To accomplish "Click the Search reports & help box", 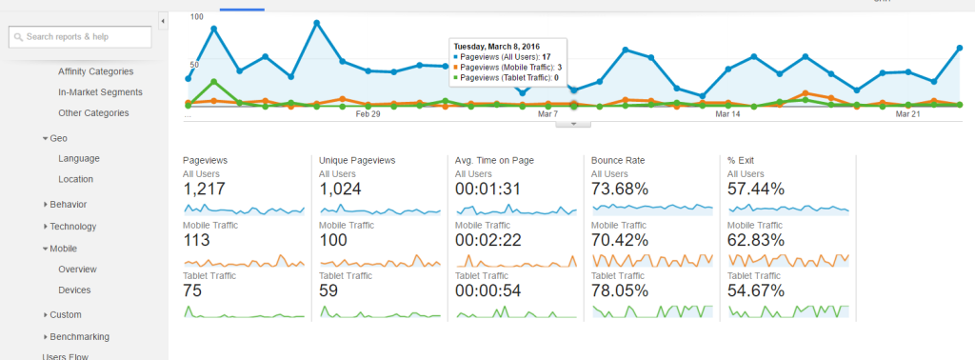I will pyautogui.click(x=80, y=36).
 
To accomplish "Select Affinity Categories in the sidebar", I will pyautogui.click(x=95, y=71).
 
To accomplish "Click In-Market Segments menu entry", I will pyautogui.click(x=100, y=92).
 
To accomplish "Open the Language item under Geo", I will pyautogui.click(x=78, y=158).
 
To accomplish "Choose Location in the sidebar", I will pyautogui.click(x=75, y=179).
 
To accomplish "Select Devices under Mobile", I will pyautogui.click(x=75, y=290).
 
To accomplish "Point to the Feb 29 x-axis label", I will pyautogui.click(x=368, y=114).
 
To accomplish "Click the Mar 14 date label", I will pyautogui.click(x=727, y=114).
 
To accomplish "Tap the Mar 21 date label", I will pyautogui.click(x=907, y=114).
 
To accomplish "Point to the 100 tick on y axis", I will pyautogui.click(x=196, y=17).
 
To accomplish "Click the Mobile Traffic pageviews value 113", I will pyautogui.click(x=196, y=240).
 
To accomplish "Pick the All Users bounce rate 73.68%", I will pyautogui.click(x=620, y=190).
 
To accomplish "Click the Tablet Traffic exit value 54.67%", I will pyautogui.click(x=756, y=290).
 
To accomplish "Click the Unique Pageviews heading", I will pyautogui.click(x=357, y=161).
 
